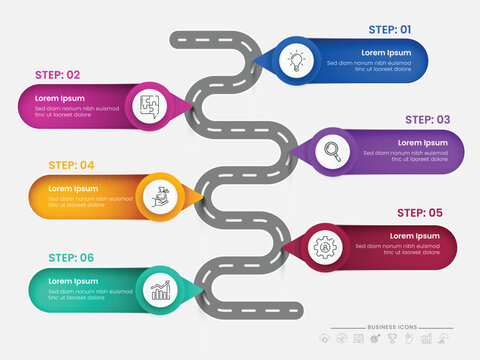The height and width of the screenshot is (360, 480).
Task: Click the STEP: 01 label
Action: [x=390, y=30]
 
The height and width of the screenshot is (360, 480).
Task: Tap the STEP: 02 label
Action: [x=58, y=74]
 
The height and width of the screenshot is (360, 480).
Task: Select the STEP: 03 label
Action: [x=428, y=120]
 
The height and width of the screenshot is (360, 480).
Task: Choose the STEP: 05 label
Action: [x=419, y=212]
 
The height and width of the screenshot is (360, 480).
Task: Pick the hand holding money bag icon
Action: [x=161, y=195]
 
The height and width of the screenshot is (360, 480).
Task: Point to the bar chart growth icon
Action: [x=160, y=289]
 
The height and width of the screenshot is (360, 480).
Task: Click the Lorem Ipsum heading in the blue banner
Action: [x=385, y=52]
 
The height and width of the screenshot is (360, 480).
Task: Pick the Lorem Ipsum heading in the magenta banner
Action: [x=59, y=98]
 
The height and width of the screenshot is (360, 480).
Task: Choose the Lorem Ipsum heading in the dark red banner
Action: [x=414, y=236]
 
